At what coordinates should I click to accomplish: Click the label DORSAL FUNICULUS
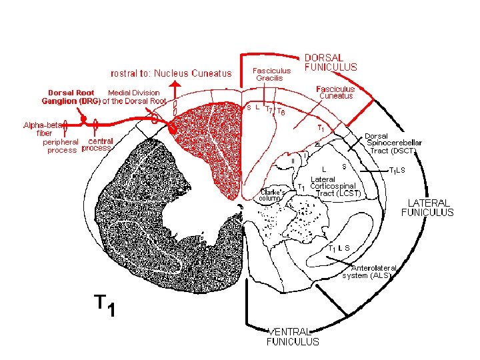(x=331, y=62)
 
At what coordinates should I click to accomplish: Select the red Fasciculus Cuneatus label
(x=335, y=92)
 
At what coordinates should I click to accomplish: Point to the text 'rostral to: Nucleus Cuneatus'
(x=171, y=73)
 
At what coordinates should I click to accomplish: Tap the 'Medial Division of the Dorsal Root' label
(x=137, y=97)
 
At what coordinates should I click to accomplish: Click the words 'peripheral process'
(x=61, y=146)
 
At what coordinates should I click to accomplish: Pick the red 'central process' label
(x=97, y=145)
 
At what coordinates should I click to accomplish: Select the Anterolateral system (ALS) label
(x=369, y=271)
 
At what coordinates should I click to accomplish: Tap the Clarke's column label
(x=273, y=195)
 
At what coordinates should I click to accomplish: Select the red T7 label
(x=269, y=109)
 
